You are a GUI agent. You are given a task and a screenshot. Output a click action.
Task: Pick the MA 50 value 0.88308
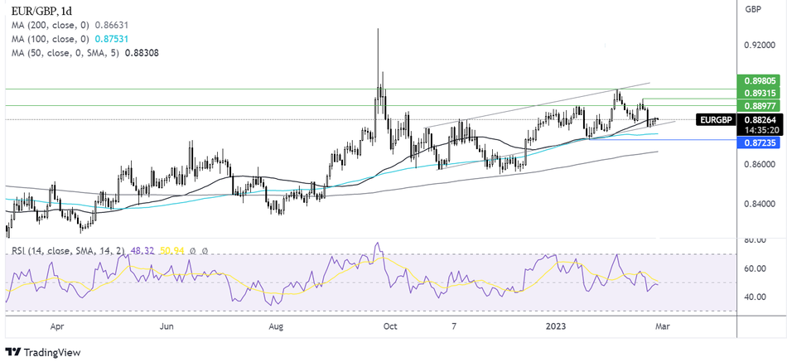click(x=142, y=52)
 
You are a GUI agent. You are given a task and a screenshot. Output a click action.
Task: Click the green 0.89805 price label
click(x=759, y=80)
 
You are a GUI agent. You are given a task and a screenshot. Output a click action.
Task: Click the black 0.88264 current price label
click(x=759, y=119)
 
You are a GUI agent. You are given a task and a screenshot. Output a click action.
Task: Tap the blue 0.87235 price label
click(x=759, y=142)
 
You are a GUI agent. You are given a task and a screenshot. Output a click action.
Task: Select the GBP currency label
click(x=753, y=10)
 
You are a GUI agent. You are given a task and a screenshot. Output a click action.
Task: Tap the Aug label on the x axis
click(x=277, y=326)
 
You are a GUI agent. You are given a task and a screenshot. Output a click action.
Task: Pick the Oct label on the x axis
click(x=387, y=326)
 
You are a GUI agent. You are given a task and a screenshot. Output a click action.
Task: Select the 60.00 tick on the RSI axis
click(x=755, y=268)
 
